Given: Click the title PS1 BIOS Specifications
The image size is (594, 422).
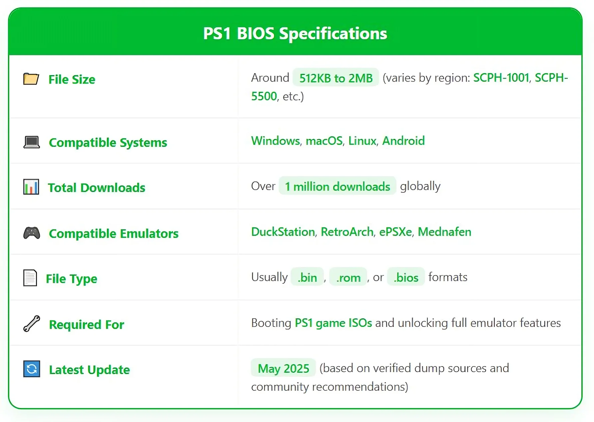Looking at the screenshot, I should pyautogui.click(x=295, y=34).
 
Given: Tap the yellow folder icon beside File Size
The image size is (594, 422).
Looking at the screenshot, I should pyautogui.click(x=31, y=79).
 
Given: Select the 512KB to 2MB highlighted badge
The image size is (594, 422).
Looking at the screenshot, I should pyautogui.click(x=336, y=78).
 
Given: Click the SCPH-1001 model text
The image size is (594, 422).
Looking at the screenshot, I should pyautogui.click(x=501, y=78).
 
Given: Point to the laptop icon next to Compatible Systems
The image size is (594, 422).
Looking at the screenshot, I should pyautogui.click(x=32, y=142).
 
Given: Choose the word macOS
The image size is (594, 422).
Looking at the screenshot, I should pyautogui.click(x=324, y=141).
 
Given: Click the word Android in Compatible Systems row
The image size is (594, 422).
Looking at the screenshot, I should pyautogui.click(x=403, y=141).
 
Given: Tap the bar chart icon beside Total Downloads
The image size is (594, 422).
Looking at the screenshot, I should pyautogui.click(x=31, y=187).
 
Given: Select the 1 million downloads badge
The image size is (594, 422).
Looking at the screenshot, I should pyautogui.click(x=337, y=186).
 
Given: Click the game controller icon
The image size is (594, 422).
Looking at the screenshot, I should pyautogui.click(x=32, y=233).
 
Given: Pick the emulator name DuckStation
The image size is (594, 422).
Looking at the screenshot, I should pyautogui.click(x=283, y=232).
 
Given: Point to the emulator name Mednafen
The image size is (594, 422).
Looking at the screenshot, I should pyautogui.click(x=444, y=232).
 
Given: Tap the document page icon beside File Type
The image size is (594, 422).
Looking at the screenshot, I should pyautogui.click(x=30, y=278).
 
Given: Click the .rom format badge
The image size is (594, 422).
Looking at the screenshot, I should pyautogui.click(x=348, y=277).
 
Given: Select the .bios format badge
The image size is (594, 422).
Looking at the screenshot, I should pyautogui.click(x=406, y=277).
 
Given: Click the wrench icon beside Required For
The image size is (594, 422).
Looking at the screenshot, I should pyautogui.click(x=32, y=323).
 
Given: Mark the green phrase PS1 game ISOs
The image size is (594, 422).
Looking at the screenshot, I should pyautogui.click(x=333, y=323).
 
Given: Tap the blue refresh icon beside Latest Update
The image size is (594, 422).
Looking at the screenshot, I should pyautogui.click(x=32, y=369).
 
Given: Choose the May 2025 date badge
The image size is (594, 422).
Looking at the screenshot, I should pyautogui.click(x=283, y=368).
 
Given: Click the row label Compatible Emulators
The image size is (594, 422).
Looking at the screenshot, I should pyautogui.click(x=114, y=234).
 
